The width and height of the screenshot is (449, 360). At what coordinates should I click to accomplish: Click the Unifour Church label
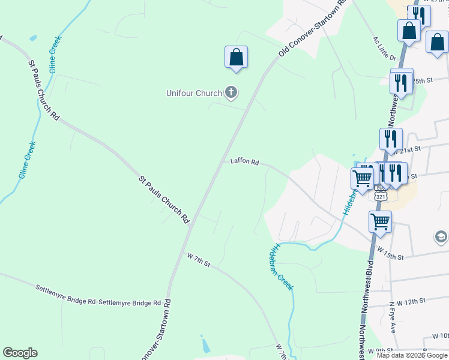tap(194, 93)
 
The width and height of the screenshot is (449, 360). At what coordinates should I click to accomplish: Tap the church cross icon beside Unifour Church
tap(231, 92)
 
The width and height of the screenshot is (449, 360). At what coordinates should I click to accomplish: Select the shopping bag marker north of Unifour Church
tap(236, 58)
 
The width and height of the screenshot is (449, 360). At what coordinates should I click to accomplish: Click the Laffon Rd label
tap(244, 162)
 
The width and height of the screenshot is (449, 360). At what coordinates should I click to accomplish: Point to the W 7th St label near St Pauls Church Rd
tap(199, 262)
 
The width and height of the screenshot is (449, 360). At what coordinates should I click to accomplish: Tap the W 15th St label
tap(390, 256)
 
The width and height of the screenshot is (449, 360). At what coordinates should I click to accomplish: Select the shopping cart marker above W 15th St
tap(380, 222)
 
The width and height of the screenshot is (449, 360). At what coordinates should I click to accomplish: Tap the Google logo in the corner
tap(20, 353)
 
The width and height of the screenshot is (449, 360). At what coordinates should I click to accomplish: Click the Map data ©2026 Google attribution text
tap(412, 355)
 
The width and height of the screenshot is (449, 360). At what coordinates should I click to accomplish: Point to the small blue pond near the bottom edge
tap(206, 346)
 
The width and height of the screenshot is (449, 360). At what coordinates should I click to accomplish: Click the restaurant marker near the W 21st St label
tap(391, 139)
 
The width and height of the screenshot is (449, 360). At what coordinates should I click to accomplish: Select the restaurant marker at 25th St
tap(401, 82)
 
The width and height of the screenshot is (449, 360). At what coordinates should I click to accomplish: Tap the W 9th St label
tap(381, 350)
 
